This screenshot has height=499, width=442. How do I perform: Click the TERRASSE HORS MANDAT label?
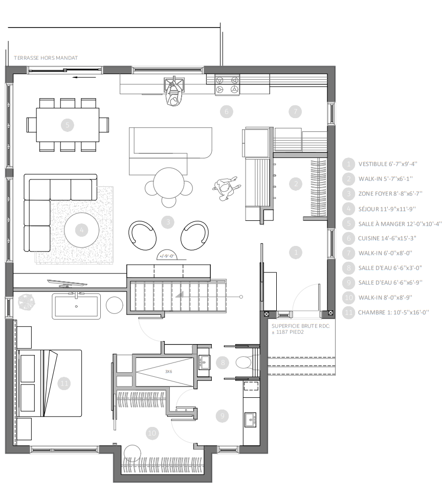point(46,58)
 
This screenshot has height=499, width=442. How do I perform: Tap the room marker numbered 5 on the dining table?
point(68,124)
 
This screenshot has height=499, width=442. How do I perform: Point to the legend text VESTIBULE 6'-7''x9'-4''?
point(388,164)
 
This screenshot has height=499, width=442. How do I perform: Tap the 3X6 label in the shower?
point(168,372)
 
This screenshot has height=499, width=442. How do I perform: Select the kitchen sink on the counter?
point(174,84)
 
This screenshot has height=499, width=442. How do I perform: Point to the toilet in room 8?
point(244,362)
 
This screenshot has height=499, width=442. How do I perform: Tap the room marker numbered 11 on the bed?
point(64,383)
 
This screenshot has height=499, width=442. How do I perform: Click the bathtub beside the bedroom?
point(76,306)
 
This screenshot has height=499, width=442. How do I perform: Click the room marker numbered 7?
point(295,111)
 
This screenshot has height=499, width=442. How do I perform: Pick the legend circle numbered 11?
point(348,312)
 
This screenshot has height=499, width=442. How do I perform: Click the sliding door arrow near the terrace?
point(84,78)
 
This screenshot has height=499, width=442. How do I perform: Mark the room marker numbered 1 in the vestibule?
point(295,252)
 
